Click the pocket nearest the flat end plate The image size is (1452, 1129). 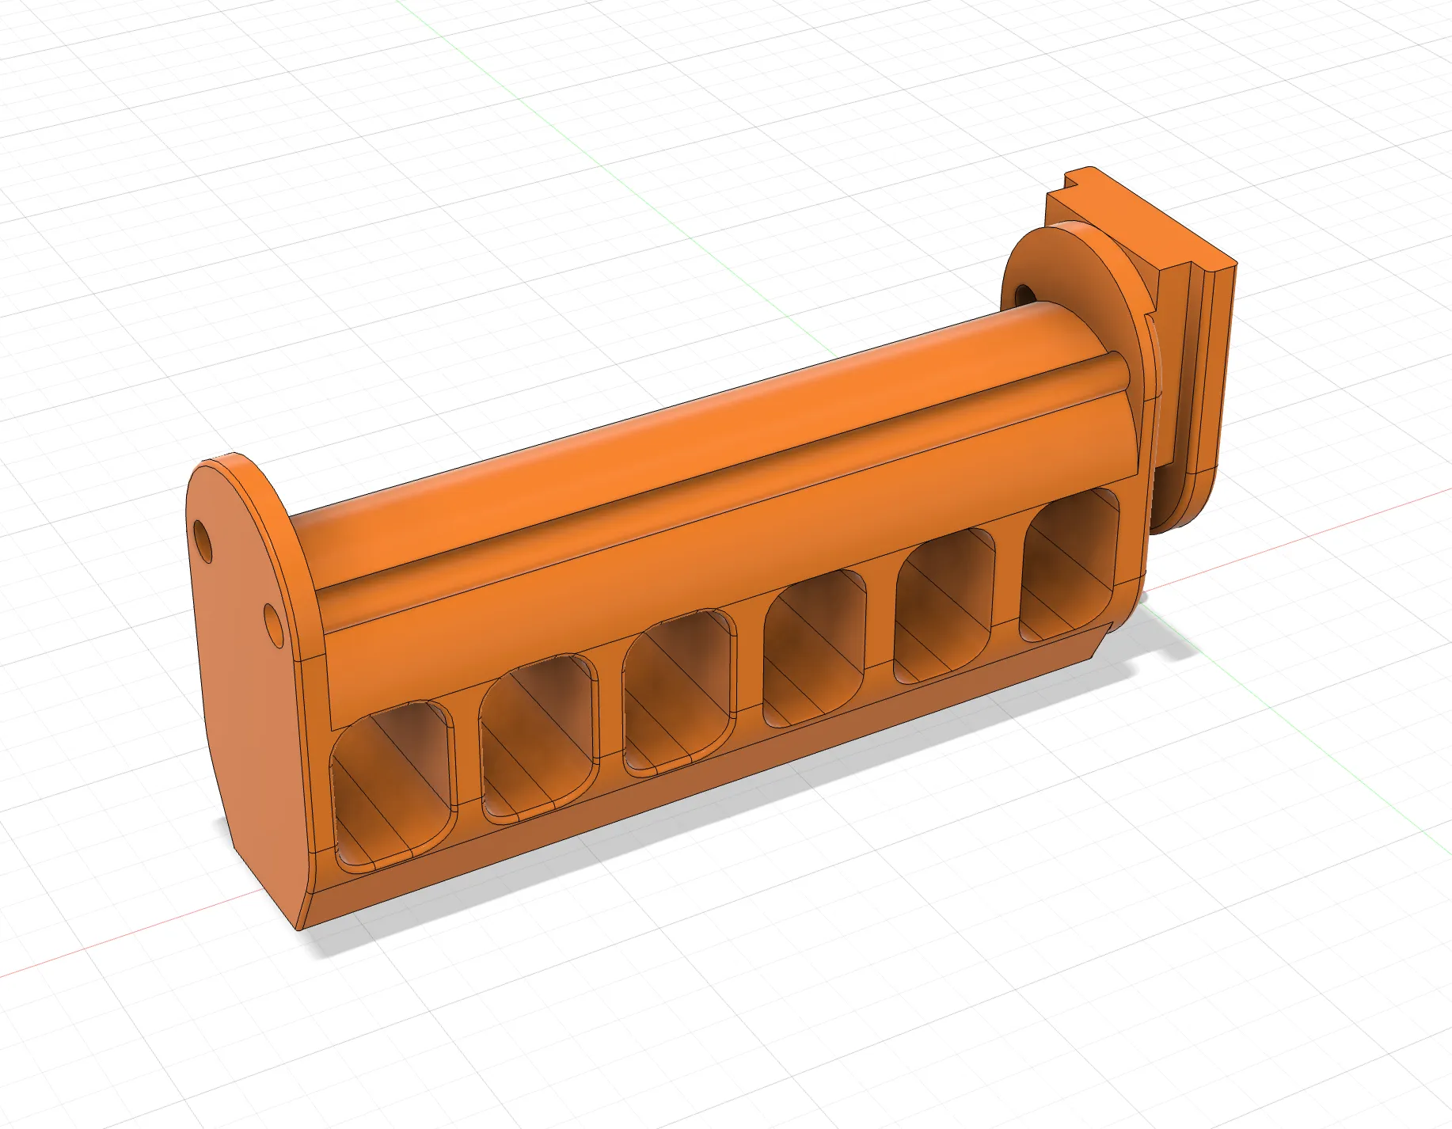(393, 784)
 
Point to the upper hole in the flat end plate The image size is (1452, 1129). (205, 542)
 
